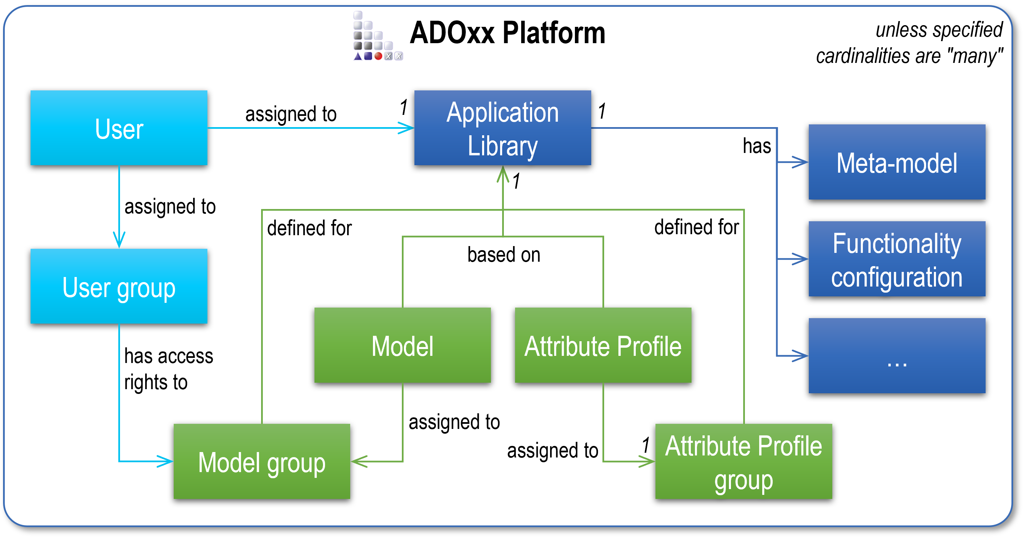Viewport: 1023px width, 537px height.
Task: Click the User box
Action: click(x=119, y=128)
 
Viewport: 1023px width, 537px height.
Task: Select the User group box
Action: click(x=119, y=286)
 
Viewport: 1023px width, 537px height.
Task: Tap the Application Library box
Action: click(x=502, y=128)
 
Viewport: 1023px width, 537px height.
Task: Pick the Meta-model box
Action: click(x=897, y=162)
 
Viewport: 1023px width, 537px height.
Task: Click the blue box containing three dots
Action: click(x=897, y=356)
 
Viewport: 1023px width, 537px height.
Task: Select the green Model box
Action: click(x=402, y=345)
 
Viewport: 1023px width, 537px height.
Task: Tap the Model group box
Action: click(x=262, y=462)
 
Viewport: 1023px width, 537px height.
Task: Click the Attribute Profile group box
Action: click(x=744, y=462)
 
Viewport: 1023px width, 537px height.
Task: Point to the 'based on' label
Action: click(x=504, y=255)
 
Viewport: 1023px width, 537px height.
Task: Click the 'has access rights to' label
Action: click(x=168, y=369)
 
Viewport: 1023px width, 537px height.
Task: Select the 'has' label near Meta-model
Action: click(x=756, y=146)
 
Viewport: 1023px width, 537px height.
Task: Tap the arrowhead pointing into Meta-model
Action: click(x=800, y=162)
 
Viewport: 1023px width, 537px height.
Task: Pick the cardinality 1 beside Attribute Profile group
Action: click(x=646, y=445)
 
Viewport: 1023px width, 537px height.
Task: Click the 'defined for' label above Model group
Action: click(x=309, y=228)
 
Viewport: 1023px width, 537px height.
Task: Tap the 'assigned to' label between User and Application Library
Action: click(x=291, y=114)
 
